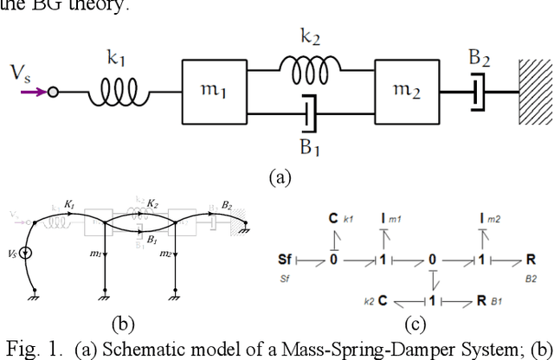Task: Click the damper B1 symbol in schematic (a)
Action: coord(310,111)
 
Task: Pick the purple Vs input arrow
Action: coord(35,91)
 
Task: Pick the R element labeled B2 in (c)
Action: coord(529,260)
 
